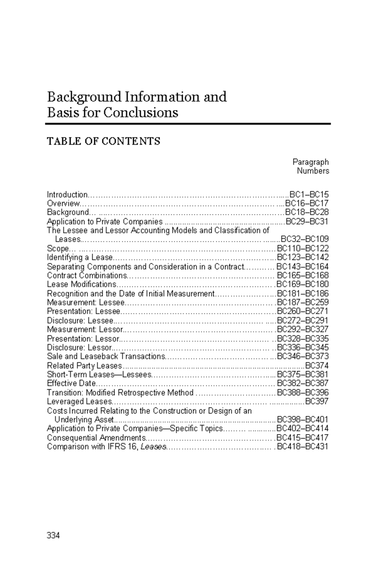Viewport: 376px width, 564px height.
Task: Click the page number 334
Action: pos(53,536)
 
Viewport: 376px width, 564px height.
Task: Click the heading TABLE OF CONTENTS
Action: pos(103,141)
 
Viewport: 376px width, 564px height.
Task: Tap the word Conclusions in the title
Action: pos(141,112)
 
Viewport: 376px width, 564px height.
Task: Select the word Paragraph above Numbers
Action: pos(311,162)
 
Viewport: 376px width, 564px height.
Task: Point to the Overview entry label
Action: pos(63,203)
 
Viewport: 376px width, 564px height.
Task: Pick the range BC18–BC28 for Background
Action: pos(306,212)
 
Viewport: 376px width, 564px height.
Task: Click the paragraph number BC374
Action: pos(317,366)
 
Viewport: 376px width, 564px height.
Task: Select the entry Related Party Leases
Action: pos(84,366)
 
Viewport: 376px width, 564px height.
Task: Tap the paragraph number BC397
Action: pos(317,401)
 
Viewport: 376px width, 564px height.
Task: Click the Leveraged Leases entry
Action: pos(79,401)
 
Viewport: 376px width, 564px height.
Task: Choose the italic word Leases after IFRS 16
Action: pos(153,447)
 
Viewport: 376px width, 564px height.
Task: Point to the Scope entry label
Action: pos(58,248)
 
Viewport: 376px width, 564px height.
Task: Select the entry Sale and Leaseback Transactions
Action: pos(106,357)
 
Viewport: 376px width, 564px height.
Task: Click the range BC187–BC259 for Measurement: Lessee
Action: pos(303,302)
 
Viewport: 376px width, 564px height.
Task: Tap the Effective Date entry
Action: pos(71,383)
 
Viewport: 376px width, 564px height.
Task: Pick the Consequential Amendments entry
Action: pos(96,438)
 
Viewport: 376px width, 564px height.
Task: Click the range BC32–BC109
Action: pos(305,239)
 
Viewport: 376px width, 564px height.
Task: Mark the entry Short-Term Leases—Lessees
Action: pos(99,374)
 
